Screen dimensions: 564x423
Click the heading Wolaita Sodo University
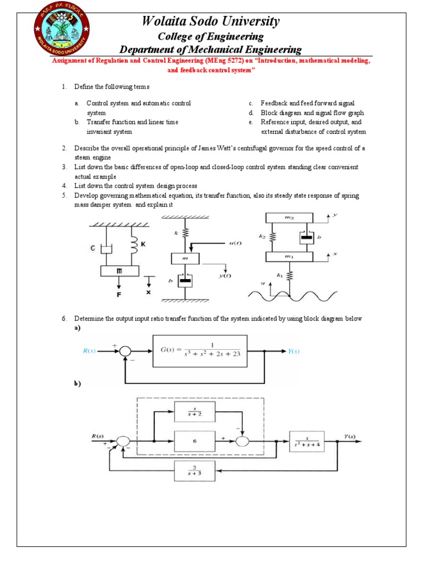pos(211,21)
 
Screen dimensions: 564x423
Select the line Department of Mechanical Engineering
pos(211,50)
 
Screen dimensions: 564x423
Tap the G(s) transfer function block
pos(200,351)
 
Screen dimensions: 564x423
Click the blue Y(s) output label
pos(294,351)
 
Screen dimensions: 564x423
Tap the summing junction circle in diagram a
pos(126,351)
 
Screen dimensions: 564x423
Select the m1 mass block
pos(292,256)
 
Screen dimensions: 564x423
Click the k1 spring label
pos(279,274)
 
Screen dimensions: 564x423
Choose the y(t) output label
pos(224,275)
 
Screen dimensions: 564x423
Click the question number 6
pos(64,319)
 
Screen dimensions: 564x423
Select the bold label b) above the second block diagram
pos(78,384)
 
